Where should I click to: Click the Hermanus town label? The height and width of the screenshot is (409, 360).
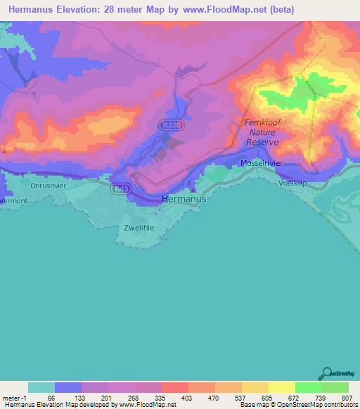(184, 199)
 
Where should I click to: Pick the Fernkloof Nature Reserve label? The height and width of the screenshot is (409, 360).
(262, 132)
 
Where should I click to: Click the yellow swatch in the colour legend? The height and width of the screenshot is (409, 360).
(281, 387)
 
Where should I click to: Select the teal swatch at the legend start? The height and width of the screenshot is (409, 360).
(41, 387)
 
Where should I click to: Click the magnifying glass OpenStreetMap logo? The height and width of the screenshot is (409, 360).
(326, 373)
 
